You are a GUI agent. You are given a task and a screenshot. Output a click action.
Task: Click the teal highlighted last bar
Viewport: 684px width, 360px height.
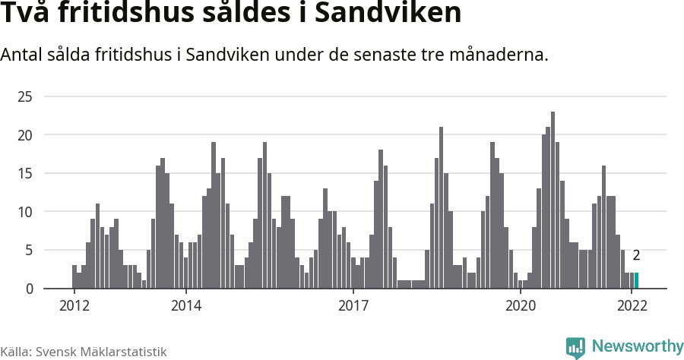[x=636, y=280]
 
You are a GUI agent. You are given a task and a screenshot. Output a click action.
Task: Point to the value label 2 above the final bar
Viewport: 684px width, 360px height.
[x=636, y=256]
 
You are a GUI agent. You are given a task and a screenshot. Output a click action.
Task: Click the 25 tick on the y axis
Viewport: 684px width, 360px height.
[x=26, y=96]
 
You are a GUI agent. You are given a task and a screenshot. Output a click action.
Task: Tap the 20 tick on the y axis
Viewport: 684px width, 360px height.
[x=26, y=135]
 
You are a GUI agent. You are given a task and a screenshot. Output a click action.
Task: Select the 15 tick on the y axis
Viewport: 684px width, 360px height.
[x=26, y=173]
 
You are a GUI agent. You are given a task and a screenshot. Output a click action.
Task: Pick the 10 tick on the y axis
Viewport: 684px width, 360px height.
[x=26, y=212]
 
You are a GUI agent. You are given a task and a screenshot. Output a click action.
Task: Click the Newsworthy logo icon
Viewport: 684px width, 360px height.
[x=575, y=347]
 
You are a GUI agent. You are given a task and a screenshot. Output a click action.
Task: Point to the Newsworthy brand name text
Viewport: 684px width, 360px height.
[x=637, y=346]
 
